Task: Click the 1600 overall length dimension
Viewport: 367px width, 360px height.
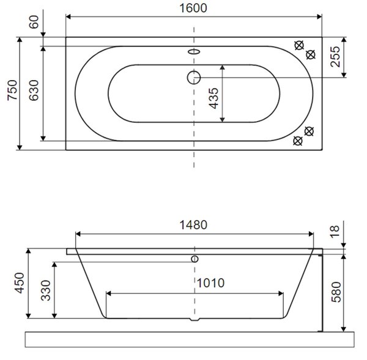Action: click(193, 8)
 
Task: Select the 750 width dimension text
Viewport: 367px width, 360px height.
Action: click(12, 90)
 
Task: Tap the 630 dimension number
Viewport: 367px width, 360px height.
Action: click(34, 90)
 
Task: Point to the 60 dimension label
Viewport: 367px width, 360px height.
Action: click(34, 22)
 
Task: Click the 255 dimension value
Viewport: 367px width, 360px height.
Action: click(335, 57)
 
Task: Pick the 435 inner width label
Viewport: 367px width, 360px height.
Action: click(213, 98)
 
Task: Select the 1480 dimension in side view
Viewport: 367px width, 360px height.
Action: click(193, 225)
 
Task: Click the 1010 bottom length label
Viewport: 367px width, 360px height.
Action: click(210, 283)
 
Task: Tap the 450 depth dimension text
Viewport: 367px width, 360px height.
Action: click(20, 283)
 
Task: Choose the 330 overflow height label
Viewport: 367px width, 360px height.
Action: click(46, 290)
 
